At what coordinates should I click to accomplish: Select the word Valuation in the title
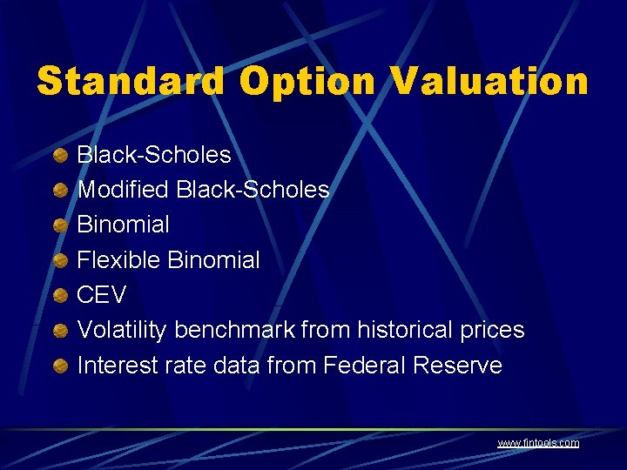[490, 83]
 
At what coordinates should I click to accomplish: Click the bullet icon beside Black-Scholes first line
[60, 156]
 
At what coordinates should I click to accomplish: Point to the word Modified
[123, 190]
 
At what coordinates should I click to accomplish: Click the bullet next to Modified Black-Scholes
[60, 191]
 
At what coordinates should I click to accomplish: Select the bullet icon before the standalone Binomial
[60, 225]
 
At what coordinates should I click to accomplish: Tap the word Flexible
[118, 259]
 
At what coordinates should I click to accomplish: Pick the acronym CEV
[102, 295]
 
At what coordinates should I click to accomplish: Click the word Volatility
[123, 330]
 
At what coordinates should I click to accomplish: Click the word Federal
[365, 365]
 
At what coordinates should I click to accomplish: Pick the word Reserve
[457, 365]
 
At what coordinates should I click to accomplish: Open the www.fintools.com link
[537, 443]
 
